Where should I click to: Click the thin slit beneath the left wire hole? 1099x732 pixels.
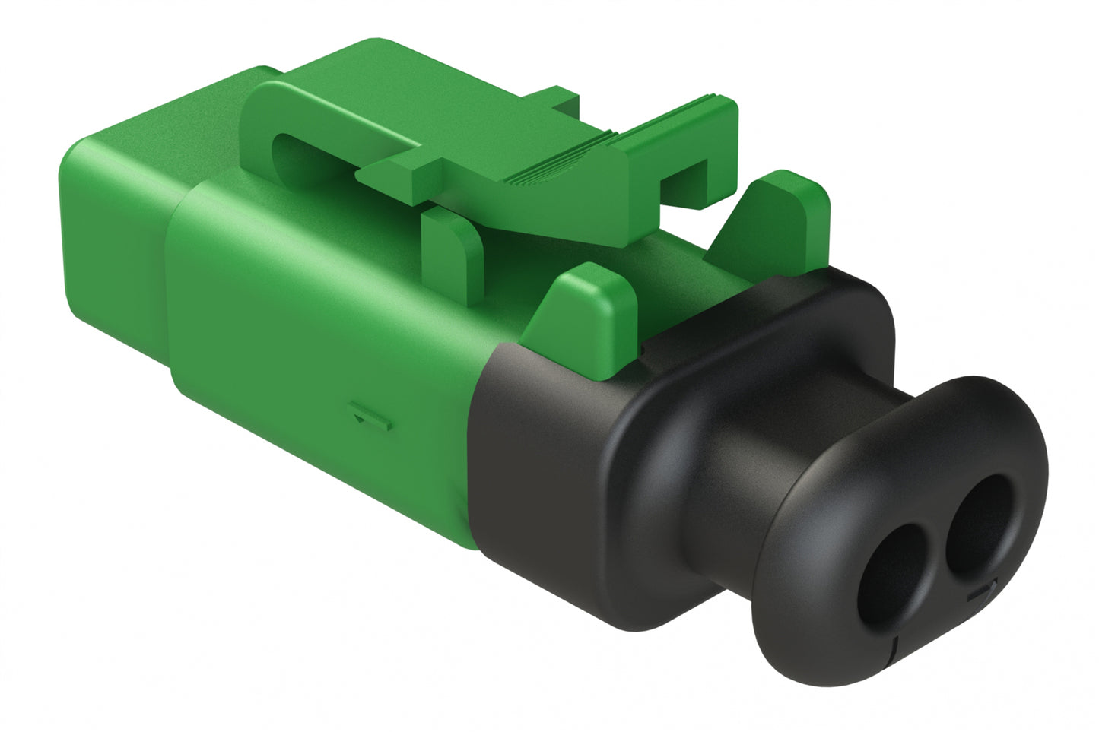click(x=897, y=646)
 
